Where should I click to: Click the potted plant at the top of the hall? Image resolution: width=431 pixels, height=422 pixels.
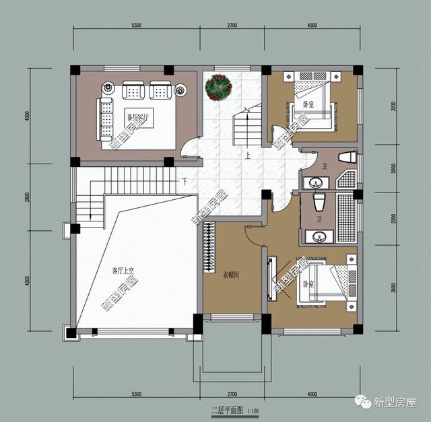click(218, 87)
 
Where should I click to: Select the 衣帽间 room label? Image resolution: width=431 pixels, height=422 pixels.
click(232, 274)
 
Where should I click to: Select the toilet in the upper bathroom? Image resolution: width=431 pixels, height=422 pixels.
click(346, 158)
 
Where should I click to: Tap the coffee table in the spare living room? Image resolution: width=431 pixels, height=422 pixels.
click(139, 116)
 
